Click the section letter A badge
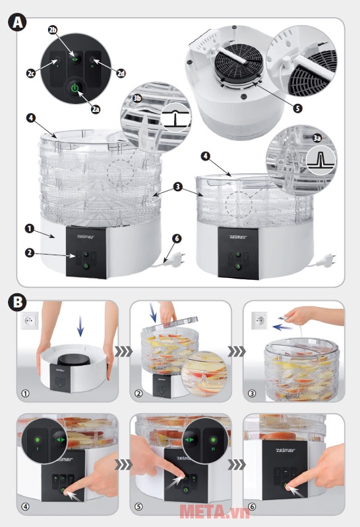click(x=17, y=22)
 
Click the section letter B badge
click(x=17, y=302)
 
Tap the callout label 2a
click(x=96, y=109)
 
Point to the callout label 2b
click(x=53, y=30)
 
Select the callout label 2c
click(x=31, y=73)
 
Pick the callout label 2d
click(x=121, y=73)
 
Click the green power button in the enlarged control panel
click(x=75, y=88)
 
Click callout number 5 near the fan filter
click(x=297, y=108)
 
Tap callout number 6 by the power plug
click(x=177, y=238)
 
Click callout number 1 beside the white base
click(x=29, y=228)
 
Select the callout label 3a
click(x=317, y=138)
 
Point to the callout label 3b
click(x=136, y=98)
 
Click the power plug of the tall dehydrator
click(x=175, y=260)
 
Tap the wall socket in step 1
click(x=30, y=321)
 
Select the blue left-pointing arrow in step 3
click(x=282, y=327)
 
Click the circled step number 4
click(x=26, y=507)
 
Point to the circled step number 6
click(x=252, y=507)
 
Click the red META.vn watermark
click(x=215, y=512)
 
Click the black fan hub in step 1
click(x=72, y=360)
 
